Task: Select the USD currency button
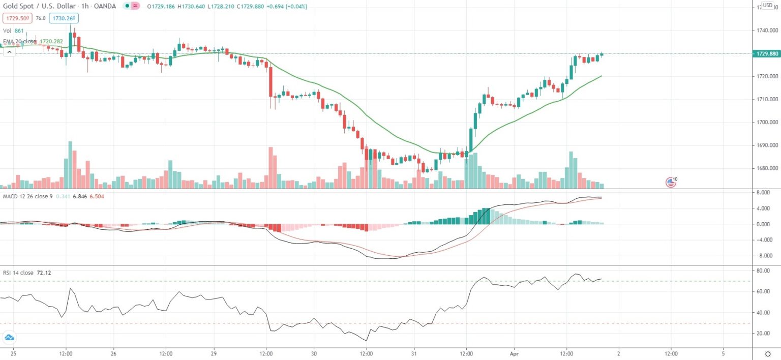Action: coord(767,6)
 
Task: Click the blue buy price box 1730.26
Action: coord(64,18)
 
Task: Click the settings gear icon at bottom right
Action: coord(768,353)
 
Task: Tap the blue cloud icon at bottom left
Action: coord(9,337)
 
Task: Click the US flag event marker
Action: coord(671,182)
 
